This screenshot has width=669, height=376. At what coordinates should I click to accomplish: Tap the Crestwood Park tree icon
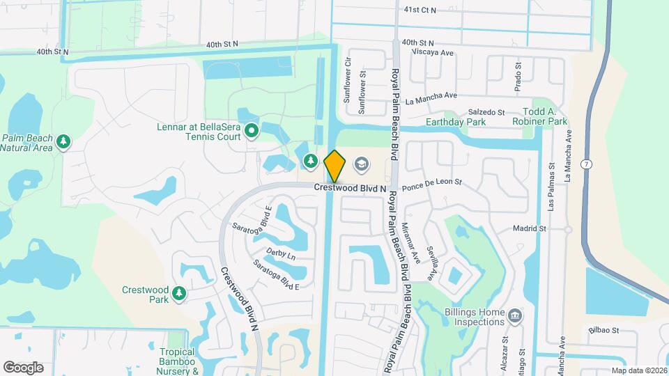(180, 295)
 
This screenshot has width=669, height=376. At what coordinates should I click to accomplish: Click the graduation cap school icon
(361, 164)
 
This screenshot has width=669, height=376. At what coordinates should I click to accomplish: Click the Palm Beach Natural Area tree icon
(63, 142)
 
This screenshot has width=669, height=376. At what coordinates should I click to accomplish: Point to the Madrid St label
(529, 228)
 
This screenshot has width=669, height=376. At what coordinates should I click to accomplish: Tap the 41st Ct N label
(420, 10)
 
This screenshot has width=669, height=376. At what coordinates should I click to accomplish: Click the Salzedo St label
(486, 112)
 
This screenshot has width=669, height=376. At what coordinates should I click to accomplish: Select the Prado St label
(518, 75)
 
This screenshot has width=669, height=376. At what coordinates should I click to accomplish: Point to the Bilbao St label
(603, 331)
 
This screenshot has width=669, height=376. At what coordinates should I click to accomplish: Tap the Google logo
(23, 368)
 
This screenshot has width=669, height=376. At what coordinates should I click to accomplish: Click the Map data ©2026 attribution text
(639, 370)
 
